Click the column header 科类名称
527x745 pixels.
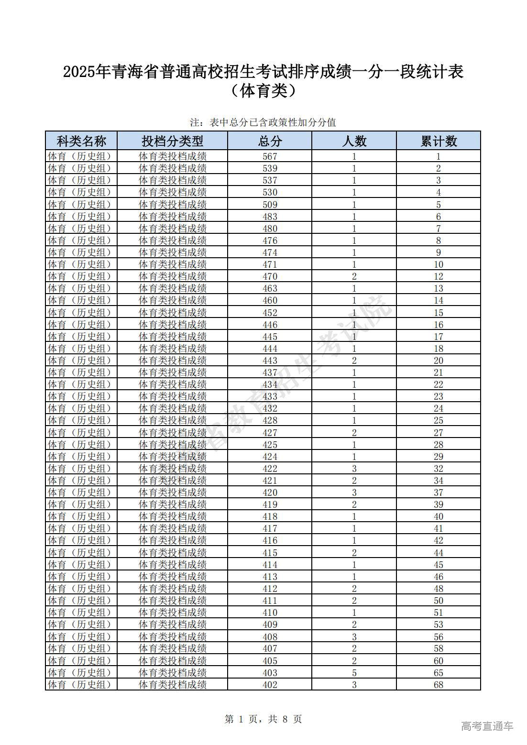pos(81,141)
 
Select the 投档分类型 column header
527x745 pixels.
pos(172,141)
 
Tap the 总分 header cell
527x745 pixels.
pos(270,141)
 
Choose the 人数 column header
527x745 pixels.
pos(354,141)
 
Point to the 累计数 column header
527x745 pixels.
pos(439,141)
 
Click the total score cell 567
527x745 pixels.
pos(270,156)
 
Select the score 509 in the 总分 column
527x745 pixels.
pos(270,205)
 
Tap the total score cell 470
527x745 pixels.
pos(270,276)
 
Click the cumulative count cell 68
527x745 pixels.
pos(439,685)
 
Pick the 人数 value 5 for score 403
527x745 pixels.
pos(354,673)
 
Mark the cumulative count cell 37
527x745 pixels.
pos(439,493)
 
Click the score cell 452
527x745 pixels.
pos(270,313)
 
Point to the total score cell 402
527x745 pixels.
pos(270,685)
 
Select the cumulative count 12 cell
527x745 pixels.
pos(439,276)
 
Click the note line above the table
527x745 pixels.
pos(263,122)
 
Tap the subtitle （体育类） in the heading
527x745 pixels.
pos(263,91)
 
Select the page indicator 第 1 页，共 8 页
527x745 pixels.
pos(263,719)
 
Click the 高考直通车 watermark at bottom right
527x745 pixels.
pos(487,726)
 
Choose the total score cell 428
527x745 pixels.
pos(270,420)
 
